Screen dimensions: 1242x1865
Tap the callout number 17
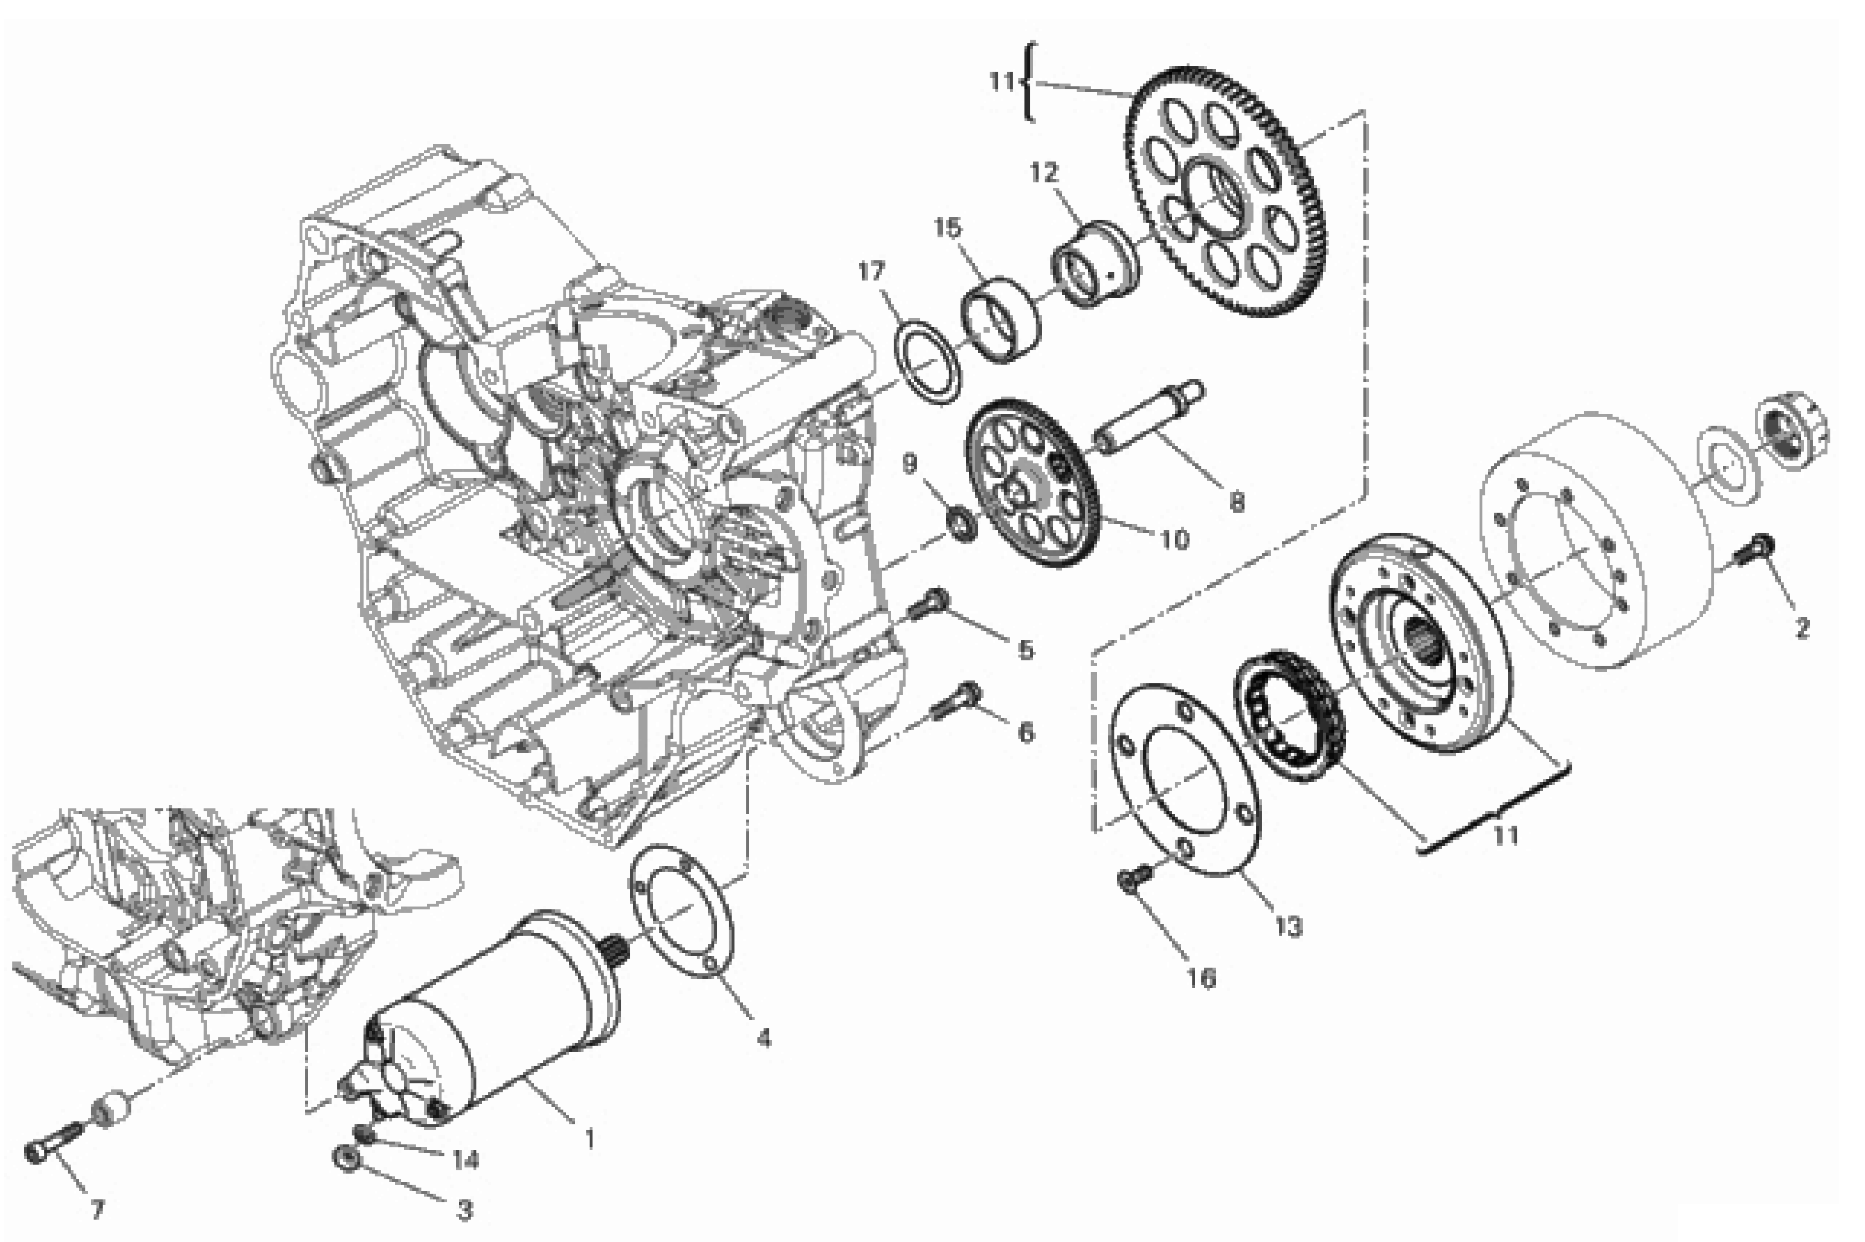(x=871, y=272)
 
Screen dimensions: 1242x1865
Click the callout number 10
(x=1175, y=540)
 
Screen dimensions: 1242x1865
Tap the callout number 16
(x=1201, y=978)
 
